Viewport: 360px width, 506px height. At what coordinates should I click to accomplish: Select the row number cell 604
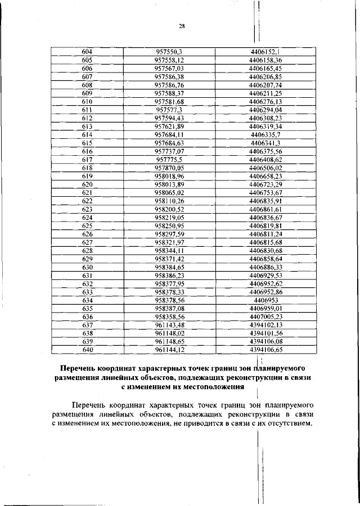pyautogui.click(x=87, y=52)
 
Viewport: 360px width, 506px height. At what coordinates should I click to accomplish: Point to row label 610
pyautogui.click(x=87, y=101)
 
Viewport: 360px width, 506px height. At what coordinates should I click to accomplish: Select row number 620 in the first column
pyautogui.click(x=87, y=184)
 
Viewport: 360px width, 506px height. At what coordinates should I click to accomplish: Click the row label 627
pyautogui.click(x=87, y=242)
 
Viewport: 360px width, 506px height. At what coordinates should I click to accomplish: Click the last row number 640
pyautogui.click(x=87, y=350)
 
